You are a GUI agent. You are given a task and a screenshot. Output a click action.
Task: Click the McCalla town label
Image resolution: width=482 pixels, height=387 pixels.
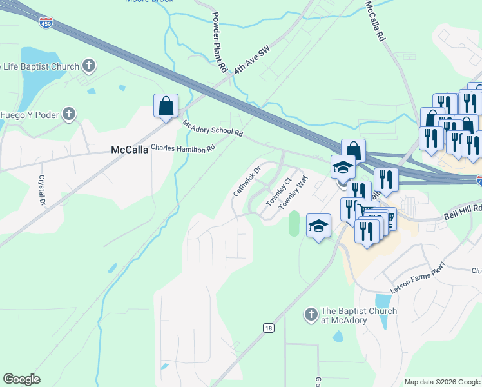(130, 150)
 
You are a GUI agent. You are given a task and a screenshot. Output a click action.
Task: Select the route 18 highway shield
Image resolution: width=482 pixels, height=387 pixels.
(268, 328)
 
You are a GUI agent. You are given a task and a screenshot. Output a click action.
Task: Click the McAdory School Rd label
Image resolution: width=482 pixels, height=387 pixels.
(212, 128)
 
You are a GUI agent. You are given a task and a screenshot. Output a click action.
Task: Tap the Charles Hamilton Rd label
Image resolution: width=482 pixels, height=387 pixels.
(182, 148)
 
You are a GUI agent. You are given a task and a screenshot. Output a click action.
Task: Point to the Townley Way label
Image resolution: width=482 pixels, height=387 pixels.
(291, 193)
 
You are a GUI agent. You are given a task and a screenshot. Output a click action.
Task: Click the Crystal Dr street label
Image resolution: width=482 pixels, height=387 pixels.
(43, 190)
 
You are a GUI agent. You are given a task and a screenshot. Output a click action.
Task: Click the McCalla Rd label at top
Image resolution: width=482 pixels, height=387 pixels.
(374, 21)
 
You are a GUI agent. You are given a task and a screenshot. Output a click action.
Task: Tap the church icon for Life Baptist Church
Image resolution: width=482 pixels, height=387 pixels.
(89, 66)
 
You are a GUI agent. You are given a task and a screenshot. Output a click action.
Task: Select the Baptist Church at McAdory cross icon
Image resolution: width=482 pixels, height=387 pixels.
(310, 315)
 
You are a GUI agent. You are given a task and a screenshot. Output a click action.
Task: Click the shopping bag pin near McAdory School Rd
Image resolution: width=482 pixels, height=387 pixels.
(166, 105)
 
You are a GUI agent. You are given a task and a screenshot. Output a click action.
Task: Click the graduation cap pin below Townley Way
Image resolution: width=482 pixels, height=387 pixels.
(318, 226)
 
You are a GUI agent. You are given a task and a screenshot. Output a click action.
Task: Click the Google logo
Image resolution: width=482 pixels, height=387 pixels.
(21, 379)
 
